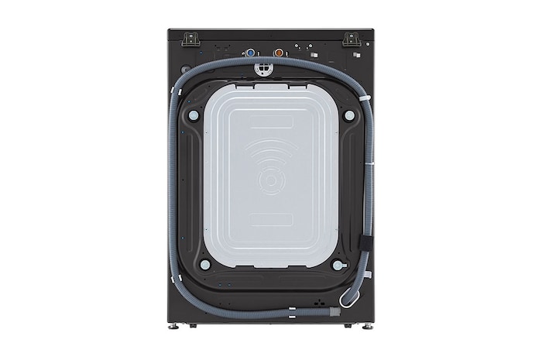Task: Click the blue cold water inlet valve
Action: [x=250, y=53]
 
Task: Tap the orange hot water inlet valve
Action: [x=280, y=53]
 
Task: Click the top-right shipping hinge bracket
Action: [x=351, y=38]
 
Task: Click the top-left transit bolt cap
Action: [x=194, y=115]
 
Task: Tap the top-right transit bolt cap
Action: [x=349, y=115]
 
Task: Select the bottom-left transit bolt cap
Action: [x=204, y=264]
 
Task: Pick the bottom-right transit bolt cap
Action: [x=338, y=264]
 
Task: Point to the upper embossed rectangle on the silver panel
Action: [x=271, y=122]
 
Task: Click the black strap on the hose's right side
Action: [x=366, y=242]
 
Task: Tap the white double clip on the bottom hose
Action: [x=291, y=314]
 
